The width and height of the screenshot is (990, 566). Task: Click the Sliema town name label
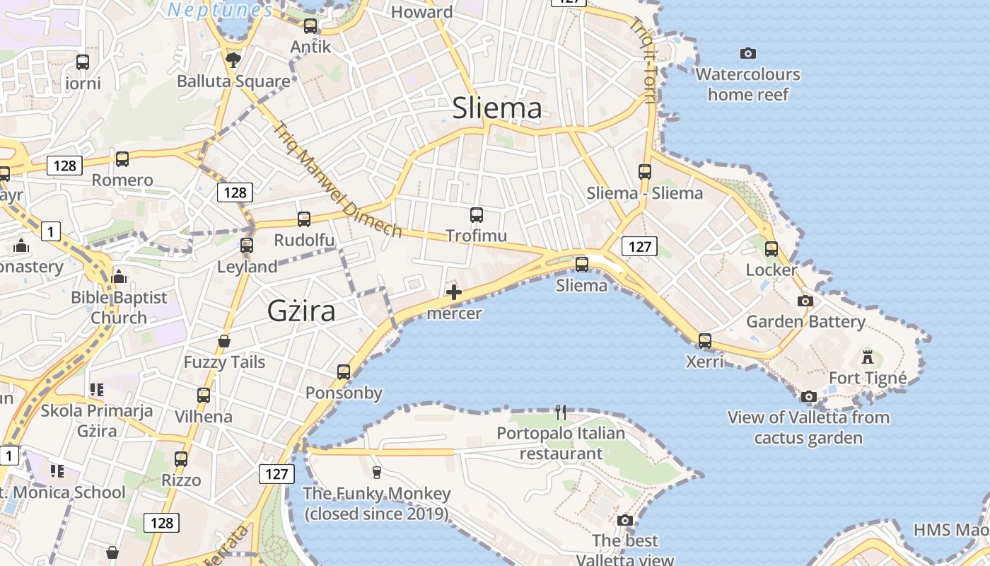tap(497, 108)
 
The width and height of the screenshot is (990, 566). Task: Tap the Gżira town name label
tap(301, 311)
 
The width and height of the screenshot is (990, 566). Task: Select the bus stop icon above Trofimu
tap(477, 214)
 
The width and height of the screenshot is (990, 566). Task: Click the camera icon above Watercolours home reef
tap(747, 53)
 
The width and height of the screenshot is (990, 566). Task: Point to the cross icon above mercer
tap(454, 292)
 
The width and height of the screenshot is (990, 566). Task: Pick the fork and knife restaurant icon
tap(561, 412)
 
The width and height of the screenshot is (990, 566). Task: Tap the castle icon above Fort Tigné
tap(868, 357)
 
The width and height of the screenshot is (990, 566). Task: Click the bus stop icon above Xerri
tap(705, 340)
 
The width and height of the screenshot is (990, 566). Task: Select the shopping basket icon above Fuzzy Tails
tap(224, 341)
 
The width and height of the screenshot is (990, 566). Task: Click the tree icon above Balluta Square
tap(233, 59)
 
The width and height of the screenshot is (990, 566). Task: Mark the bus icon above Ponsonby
tap(344, 371)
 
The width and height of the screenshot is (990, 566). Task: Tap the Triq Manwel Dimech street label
tap(337, 180)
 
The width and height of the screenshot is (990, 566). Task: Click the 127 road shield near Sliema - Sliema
tap(639, 246)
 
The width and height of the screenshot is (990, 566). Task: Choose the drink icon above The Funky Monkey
tap(376, 472)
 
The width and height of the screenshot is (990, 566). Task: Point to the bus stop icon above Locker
tap(771, 248)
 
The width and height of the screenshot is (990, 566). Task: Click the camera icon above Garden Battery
tap(805, 301)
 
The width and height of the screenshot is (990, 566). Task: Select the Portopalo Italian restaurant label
tap(561, 443)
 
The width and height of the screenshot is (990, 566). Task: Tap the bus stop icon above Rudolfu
tap(304, 219)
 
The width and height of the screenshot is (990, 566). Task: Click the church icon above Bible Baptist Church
tap(119, 276)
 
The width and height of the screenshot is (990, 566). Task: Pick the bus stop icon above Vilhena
tap(204, 395)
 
